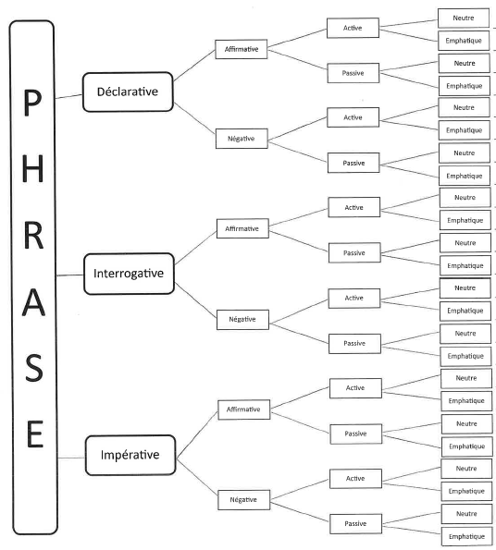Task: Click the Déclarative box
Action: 128,92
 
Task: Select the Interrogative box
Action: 129,274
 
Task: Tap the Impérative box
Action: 130,456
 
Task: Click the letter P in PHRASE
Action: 32,102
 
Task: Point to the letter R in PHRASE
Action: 33,236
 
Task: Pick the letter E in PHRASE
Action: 35,434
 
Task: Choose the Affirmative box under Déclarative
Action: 242,49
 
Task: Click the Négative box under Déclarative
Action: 242,139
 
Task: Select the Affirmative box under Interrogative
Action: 242,228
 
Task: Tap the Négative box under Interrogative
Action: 242,320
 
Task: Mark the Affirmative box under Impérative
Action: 244,409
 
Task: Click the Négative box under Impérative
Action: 244,500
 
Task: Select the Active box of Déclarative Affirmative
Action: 353,28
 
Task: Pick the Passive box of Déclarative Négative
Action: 353,163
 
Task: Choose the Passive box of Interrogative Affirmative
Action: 354,252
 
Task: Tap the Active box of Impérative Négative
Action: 355,479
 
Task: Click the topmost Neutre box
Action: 464,18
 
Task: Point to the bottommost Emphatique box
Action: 467,536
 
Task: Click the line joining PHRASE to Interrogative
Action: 70,275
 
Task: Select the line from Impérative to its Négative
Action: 197,477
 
